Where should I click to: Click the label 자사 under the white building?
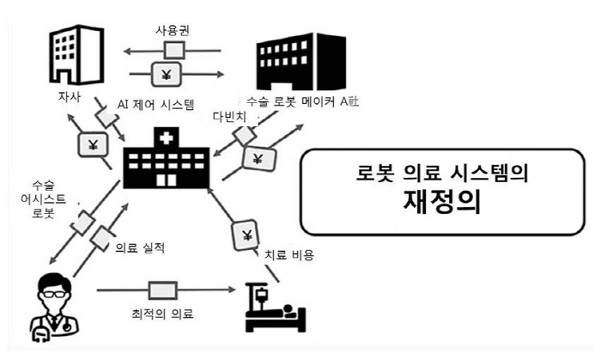(x=70, y=96)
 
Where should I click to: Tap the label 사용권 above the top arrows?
(x=173, y=30)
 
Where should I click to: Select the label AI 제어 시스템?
(x=156, y=104)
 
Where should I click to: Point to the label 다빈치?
(x=229, y=117)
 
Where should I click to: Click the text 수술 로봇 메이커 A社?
(x=302, y=101)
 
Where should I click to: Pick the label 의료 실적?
(x=140, y=247)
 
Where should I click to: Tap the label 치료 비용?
(x=290, y=254)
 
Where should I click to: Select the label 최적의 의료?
(x=162, y=314)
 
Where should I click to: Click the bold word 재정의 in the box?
(x=442, y=201)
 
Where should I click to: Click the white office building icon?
(x=76, y=54)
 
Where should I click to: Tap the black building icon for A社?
(x=301, y=62)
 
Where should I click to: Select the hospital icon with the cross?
(x=167, y=157)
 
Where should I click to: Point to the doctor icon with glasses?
(x=54, y=307)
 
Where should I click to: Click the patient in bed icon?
(x=276, y=307)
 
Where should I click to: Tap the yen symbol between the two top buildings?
(x=166, y=75)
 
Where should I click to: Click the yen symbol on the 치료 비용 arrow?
(x=246, y=235)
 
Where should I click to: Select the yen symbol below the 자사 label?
(x=93, y=145)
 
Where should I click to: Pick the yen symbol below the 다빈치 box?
(x=258, y=158)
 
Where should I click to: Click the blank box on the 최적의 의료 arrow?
(x=162, y=290)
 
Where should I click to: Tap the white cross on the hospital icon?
(x=167, y=137)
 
